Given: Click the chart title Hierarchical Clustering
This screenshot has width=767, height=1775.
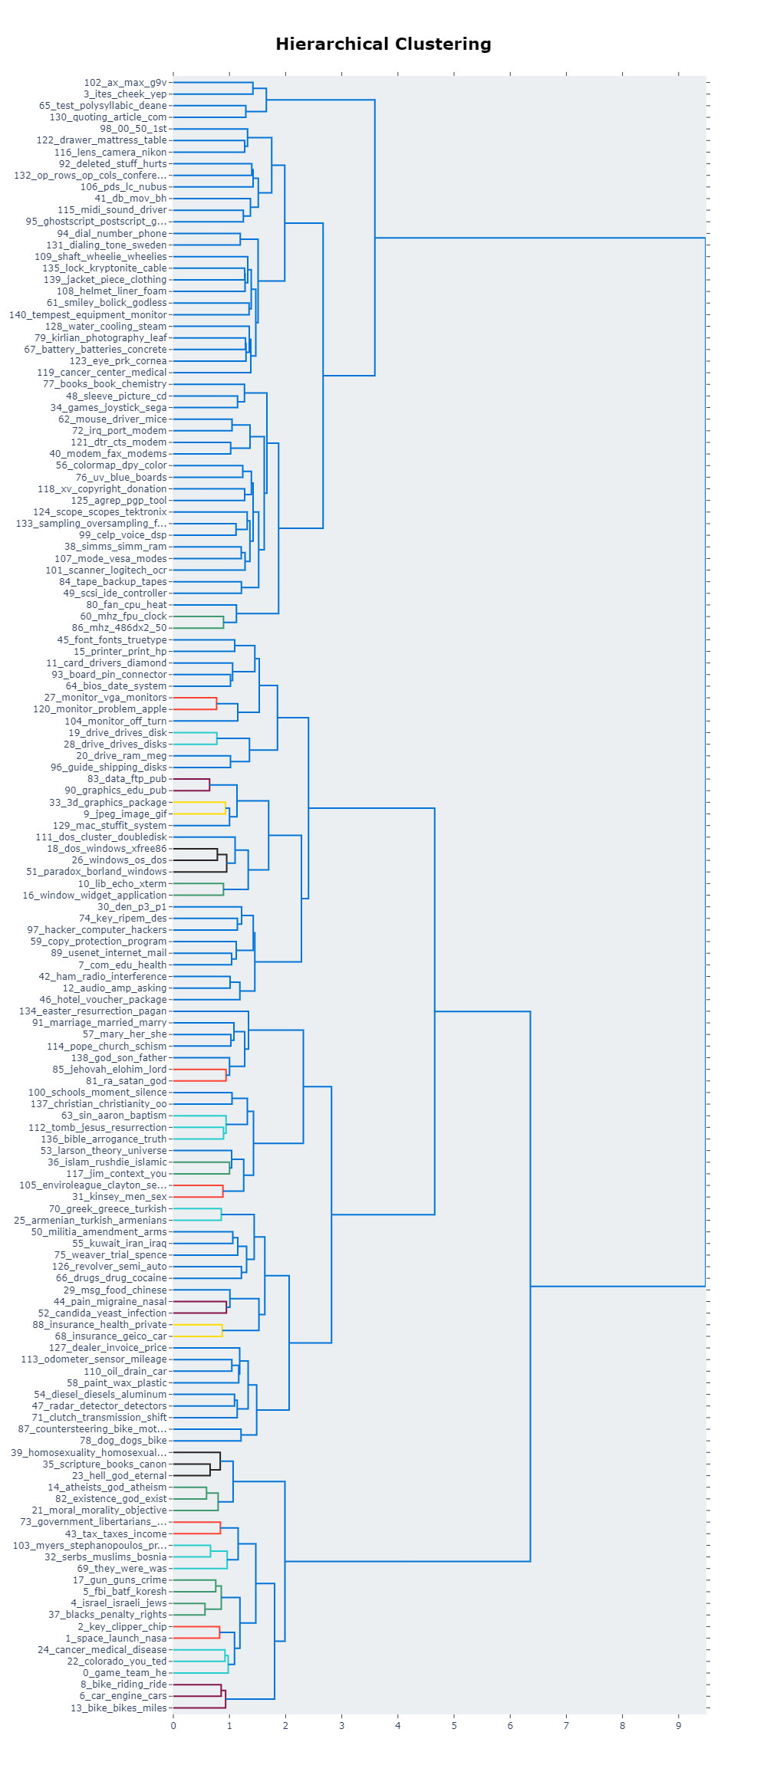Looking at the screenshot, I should tap(383, 44).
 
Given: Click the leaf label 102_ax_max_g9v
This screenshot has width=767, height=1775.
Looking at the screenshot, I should tap(125, 83).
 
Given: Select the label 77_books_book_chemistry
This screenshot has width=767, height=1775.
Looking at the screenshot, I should tap(104, 384).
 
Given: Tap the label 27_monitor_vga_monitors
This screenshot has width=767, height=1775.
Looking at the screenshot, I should tap(105, 698).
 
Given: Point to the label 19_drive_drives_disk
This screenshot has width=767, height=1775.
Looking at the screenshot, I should tap(117, 732).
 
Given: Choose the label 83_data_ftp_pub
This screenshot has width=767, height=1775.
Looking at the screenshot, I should tap(127, 779).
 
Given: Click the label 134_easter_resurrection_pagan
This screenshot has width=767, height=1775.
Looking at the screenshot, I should tap(93, 1011).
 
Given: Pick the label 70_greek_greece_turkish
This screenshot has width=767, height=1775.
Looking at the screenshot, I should tap(107, 1208).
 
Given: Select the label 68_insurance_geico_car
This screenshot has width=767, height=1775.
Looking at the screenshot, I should tap(110, 1336).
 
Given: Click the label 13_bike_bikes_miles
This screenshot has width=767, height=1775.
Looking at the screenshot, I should tap(118, 1708).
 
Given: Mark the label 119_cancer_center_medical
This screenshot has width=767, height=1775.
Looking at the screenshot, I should tap(102, 373).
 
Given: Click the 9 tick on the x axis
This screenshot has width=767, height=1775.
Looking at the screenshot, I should tap(679, 1726).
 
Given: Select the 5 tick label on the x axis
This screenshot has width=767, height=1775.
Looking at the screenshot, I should tap(454, 1726).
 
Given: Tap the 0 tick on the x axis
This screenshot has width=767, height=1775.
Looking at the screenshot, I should tap(173, 1726).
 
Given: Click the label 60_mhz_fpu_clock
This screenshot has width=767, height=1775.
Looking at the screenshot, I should tap(123, 616).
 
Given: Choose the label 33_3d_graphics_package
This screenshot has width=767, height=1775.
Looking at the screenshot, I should tap(107, 803).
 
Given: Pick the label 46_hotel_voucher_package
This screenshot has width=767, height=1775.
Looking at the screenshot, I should tap(103, 1000).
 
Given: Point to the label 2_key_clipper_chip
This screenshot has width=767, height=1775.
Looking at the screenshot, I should tap(122, 1626).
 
